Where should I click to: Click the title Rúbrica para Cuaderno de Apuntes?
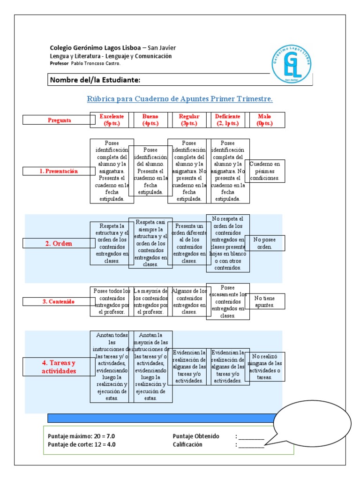(x=180, y=99)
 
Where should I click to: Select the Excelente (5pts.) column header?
(x=112, y=120)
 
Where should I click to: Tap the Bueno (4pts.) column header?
(x=150, y=120)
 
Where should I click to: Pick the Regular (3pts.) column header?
(x=189, y=120)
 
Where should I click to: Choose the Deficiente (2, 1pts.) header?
(x=227, y=120)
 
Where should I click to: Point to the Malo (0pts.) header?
(x=264, y=120)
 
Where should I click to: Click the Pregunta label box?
(x=59, y=120)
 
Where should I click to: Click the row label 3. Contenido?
(x=59, y=301)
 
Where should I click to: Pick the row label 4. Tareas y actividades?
(x=59, y=367)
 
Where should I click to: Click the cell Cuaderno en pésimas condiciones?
(x=265, y=171)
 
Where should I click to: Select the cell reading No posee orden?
(x=265, y=243)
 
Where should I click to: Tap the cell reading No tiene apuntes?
(x=265, y=301)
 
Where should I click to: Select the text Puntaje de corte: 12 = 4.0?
(x=82, y=444)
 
